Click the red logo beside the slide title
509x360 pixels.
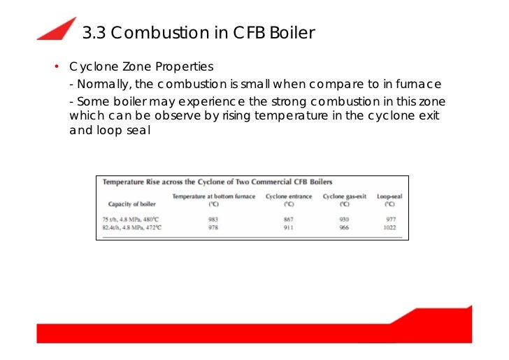[58, 29]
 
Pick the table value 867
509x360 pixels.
[289, 219]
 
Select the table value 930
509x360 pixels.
[345, 219]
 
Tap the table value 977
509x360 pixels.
[390, 219]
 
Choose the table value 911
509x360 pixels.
[289, 228]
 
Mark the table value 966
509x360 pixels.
[345, 228]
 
